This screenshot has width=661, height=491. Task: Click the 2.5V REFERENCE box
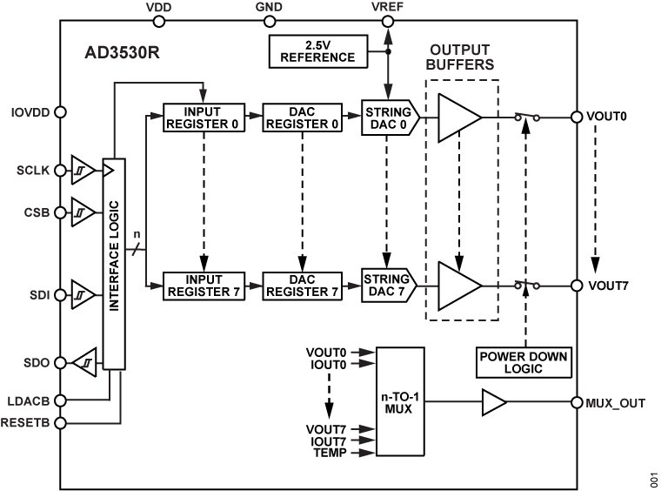click(x=323, y=51)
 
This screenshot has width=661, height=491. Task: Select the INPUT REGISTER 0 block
click(x=203, y=117)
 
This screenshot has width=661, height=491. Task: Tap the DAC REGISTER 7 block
click(x=302, y=285)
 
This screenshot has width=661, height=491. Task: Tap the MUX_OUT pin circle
click(x=574, y=401)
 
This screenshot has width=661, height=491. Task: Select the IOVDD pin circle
click(x=60, y=111)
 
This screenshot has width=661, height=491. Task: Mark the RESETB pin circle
click(x=60, y=423)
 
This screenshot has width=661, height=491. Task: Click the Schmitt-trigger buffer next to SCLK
click(x=83, y=171)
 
